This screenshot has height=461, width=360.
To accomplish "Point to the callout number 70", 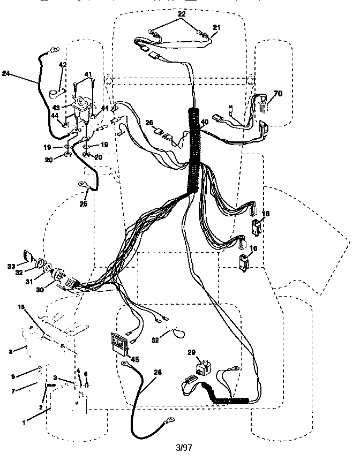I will tap(277, 94).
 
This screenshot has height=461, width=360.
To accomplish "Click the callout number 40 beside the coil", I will tap(204, 122).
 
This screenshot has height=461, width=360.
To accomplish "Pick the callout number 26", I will tap(149, 122).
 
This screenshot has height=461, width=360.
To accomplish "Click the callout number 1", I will tap(24, 423).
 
